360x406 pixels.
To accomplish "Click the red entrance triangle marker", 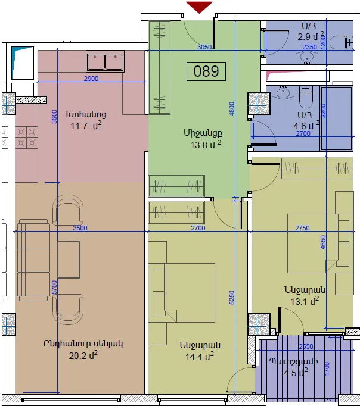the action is point(199,7).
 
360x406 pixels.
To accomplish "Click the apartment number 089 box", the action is point(206,71).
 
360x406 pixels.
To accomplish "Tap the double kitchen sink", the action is point(105,61).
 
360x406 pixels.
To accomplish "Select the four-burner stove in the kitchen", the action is point(26,138).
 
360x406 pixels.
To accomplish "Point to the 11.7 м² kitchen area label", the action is point(86,126).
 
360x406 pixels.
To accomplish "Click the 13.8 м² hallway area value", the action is point(206,145).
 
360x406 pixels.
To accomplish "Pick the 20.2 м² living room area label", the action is point(83,355).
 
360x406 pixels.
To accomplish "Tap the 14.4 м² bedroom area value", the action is point(199,357).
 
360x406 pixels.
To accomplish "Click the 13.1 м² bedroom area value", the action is point(305,301).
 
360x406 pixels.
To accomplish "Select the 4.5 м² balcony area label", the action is point(296,373).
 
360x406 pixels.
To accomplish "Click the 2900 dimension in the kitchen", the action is point(91,79).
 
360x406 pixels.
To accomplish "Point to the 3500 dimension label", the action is point(80,228).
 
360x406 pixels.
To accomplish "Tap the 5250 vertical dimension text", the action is point(231,298).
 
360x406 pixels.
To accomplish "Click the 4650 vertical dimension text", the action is point(322,242).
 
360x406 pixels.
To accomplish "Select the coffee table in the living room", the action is point(69,260).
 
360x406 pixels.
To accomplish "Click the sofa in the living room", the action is point(33,260).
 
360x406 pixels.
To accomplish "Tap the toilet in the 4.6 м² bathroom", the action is point(306,97).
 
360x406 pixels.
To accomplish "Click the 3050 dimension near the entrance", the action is point(204,47).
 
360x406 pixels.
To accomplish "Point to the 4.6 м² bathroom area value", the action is point(306,126).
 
